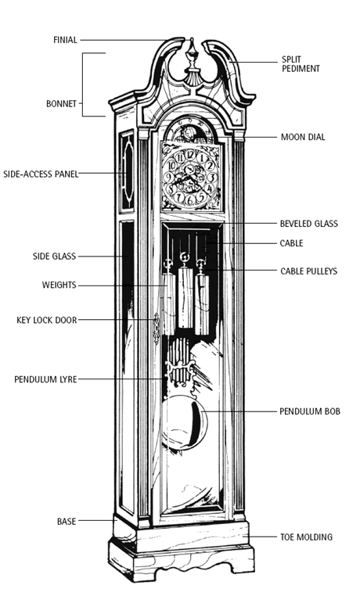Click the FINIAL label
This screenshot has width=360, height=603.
click(x=65, y=40)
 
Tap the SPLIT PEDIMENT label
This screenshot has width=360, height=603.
click(x=301, y=64)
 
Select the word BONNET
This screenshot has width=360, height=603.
click(x=61, y=104)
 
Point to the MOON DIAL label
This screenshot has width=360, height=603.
click(x=303, y=138)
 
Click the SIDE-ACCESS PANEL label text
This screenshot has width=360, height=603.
click(x=41, y=174)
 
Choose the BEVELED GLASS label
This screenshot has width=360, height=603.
click(x=309, y=224)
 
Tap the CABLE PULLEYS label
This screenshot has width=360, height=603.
click(x=309, y=271)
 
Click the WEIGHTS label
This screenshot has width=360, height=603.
click(x=59, y=285)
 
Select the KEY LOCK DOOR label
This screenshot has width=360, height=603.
click(x=46, y=320)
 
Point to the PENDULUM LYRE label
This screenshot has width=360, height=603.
click(x=45, y=379)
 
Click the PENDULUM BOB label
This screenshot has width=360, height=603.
click(x=310, y=411)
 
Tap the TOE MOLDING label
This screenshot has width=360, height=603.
click(x=306, y=537)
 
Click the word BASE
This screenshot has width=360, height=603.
click(x=67, y=522)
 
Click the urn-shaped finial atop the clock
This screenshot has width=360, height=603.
click(x=192, y=62)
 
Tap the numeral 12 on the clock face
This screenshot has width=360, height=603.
click(x=189, y=155)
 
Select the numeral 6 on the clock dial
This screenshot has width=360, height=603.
click(x=189, y=200)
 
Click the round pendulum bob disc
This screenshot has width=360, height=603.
click(x=184, y=422)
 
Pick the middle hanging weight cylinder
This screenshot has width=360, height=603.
click(x=185, y=297)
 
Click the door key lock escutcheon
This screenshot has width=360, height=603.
click(x=157, y=328)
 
